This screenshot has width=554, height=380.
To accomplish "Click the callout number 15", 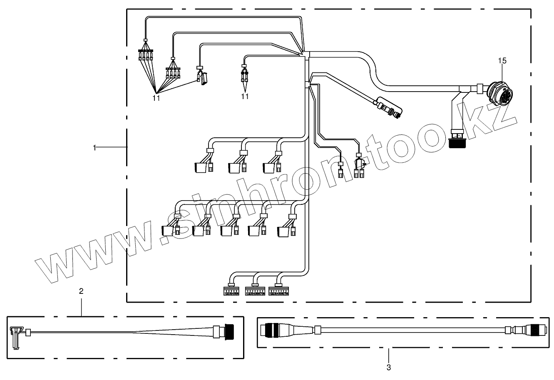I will point(502,61).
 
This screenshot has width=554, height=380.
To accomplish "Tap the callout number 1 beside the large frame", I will point(95,147).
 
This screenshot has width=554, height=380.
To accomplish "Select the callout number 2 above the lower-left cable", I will point(81,291).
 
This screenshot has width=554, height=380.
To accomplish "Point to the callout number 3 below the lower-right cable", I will point(388,367).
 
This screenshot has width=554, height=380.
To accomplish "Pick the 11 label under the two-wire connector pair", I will point(245,97).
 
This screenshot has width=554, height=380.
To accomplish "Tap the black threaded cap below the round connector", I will point(458,143).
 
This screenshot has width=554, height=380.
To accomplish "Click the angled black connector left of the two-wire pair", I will point(202,78).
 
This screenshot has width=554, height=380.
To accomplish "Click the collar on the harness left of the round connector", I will point(479,88).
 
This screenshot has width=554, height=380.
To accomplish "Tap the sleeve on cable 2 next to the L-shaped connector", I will point(29,332).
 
